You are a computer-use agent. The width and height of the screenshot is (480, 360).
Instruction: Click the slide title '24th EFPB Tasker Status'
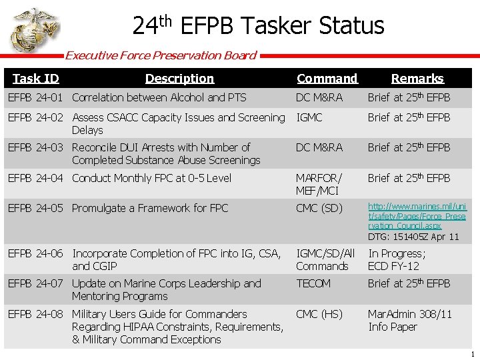pyautogui.click(x=258, y=26)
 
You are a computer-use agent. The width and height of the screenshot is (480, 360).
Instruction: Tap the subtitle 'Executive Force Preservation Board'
pyautogui.click(x=161, y=55)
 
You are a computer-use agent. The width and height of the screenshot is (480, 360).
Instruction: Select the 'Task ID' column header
pyautogui.click(x=36, y=79)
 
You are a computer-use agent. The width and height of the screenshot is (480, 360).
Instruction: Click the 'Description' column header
pyautogui.click(x=179, y=79)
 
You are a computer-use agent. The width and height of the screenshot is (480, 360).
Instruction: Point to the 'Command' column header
pyautogui.click(x=327, y=79)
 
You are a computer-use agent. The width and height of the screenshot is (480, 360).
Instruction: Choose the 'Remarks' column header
pyautogui.click(x=417, y=79)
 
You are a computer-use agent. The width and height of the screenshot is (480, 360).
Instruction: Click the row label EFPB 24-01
pyautogui.click(x=35, y=98)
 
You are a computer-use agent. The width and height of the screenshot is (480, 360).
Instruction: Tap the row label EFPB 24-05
pyautogui.click(x=35, y=208)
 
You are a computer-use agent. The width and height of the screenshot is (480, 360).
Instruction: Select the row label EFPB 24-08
pyautogui.click(x=35, y=314)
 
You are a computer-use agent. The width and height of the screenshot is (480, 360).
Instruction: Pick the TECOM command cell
pyautogui.click(x=313, y=283)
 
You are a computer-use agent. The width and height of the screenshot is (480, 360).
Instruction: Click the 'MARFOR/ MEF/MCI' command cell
pyautogui.click(x=319, y=184)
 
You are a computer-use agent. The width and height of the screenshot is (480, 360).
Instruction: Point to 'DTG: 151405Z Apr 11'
pyautogui.click(x=413, y=237)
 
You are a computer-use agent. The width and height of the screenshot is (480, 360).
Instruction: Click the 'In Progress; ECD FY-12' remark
pyautogui.click(x=397, y=259)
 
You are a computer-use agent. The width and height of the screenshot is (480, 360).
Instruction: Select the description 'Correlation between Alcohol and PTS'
pyautogui.click(x=159, y=98)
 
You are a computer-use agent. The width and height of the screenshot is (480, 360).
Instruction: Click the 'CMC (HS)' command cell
pyautogui.click(x=319, y=314)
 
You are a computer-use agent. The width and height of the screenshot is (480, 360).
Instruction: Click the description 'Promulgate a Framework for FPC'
pyautogui.click(x=150, y=208)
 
